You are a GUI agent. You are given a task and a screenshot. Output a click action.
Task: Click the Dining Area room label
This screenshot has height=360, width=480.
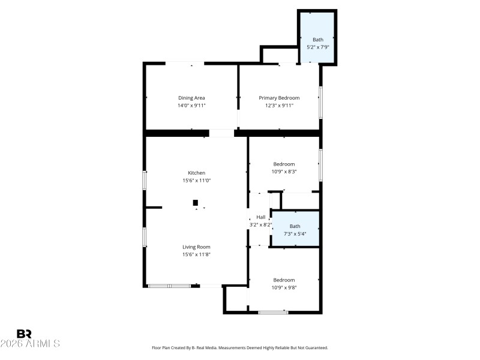pyautogui.click(x=191, y=98)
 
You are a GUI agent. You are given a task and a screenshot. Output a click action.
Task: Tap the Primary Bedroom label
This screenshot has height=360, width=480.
pyautogui.click(x=279, y=98)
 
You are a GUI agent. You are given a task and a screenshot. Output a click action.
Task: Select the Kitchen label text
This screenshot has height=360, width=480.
pyautogui.click(x=196, y=173)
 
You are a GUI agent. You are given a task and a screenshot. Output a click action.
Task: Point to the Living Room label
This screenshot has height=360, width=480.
pyautogui.click(x=196, y=247)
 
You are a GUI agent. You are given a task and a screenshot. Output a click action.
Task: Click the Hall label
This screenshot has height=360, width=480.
pyautogui.click(x=260, y=217)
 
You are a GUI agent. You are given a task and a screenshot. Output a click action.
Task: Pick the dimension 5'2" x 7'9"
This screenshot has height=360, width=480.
pyautogui.click(x=317, y=47)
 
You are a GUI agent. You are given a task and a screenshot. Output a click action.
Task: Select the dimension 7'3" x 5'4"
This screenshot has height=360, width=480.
pyautogui.click(x=295, y=234)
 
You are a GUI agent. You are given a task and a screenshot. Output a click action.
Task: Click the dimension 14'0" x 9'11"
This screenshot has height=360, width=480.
pyautogui.click(x=191, y=106)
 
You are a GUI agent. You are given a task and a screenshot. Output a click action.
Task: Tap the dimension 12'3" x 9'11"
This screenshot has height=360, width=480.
pyautogui.click(x=279, y=106)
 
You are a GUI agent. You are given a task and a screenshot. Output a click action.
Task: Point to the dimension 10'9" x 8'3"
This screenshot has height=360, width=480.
pyautogui.click(x=284, y=172)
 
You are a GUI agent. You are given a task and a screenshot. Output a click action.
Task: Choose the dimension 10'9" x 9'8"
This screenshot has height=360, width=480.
pyautogui.click(x=284, y=287)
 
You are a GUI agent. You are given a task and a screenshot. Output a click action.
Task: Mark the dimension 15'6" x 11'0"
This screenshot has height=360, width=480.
pyautogui.click(x=196, y=180)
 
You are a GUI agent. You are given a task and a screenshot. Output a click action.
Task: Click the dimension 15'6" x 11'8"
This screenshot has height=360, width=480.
pyautogui.click(x=196, y=254)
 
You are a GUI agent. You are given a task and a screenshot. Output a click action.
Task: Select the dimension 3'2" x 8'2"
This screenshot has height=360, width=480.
pyautogui.click(x=260, y=225)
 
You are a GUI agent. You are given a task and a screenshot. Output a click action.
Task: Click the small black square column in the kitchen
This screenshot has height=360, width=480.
pyautogui.click(x=195, y=203)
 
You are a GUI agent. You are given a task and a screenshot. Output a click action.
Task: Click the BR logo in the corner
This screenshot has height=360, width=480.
pyautogui.click(x=24, y=334)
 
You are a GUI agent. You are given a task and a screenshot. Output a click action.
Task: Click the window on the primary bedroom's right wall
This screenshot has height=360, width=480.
pyautogui.click(x=321, y=103)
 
